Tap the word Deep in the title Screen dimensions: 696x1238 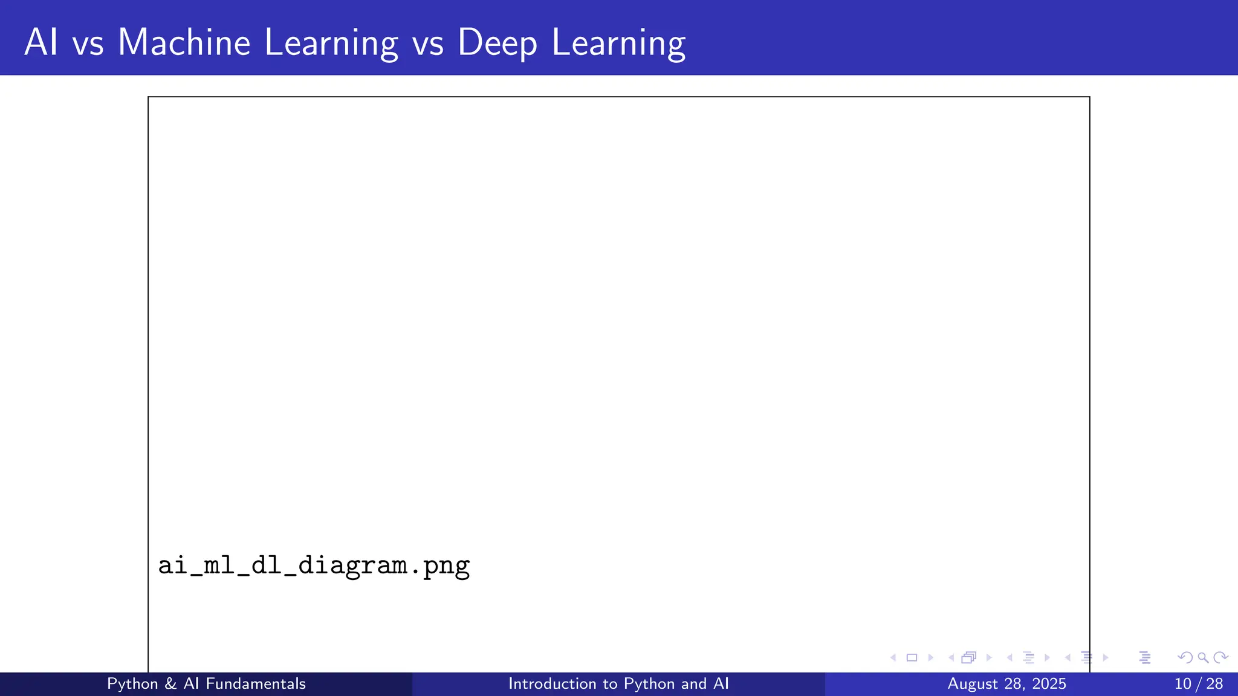coord(497,43)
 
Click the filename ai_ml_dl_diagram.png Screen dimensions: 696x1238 coord(314,566)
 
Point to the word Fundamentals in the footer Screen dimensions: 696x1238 coord(255,683)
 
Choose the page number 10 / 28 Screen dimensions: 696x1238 coord(1198,683)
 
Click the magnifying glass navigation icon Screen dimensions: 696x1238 coord(1203,657)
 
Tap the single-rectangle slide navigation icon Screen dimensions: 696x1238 coord(912,657)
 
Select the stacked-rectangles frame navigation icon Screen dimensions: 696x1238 coord(968,657)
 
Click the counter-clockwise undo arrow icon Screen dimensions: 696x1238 coord(1185,657)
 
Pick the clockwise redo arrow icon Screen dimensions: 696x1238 coord(1220,657)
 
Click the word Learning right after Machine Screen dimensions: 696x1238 coord(331,43)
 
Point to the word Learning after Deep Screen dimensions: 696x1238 coord(618,43)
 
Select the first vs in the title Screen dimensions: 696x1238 coord(88,43)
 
